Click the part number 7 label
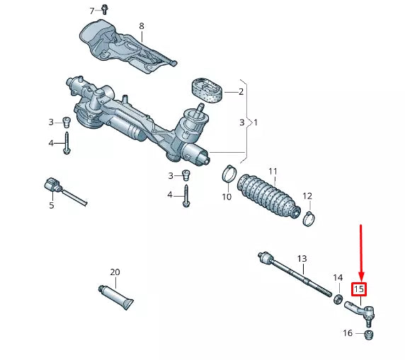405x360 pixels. coord(91,11)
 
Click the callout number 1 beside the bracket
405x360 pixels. coord(256,122)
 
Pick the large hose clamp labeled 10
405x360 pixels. coord(229,172)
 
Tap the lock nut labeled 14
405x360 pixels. coord(338,299)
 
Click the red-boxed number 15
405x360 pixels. coord(359,289)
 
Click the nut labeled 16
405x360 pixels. coord(367,335)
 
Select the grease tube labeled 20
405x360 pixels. coord(117,296)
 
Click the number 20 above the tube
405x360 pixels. coord(115,272)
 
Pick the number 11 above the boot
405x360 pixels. coord(273,171)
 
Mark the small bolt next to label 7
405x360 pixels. coord(104,9)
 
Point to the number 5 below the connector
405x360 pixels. coord(51,206)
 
